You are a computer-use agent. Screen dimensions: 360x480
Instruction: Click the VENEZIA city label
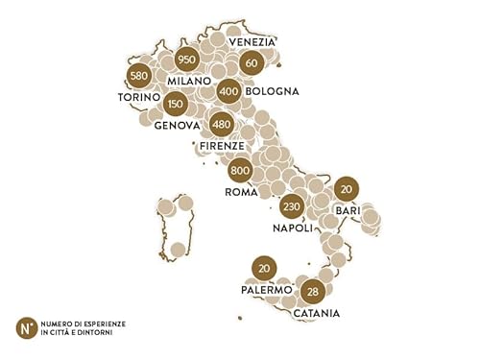(251, 42)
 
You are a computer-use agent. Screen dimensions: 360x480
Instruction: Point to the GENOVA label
(176, 125)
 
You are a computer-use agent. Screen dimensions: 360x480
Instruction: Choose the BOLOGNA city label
(272, 92)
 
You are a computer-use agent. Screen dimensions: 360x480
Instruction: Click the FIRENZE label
(224, 146)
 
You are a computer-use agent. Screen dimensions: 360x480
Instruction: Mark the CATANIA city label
(316, 313)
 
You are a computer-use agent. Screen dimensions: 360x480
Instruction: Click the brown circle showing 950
(187, 60)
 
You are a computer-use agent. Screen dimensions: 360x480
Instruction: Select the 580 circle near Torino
(139, 76)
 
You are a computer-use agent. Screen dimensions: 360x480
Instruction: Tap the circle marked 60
(252, 63)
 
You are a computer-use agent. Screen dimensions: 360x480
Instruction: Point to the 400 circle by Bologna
(228, 92)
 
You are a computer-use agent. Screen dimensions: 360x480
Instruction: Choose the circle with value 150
(175, 104)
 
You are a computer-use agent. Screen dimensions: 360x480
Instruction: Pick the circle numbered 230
(293, 205)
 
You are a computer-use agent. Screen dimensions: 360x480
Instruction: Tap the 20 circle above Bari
(347, 187)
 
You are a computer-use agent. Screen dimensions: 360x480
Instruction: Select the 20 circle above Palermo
(262, 268)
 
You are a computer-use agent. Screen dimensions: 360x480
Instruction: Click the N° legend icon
(27, 326)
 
